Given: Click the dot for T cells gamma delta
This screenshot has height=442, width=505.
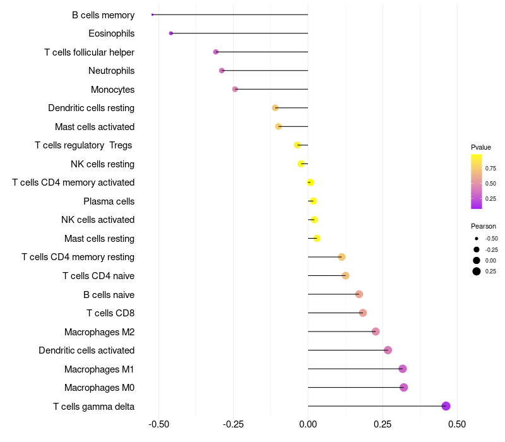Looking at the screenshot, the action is (x=446, y=406).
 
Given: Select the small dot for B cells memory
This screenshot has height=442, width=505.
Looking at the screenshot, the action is (x=152, y=15).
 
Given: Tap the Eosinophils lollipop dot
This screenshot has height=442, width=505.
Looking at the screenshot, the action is (x=171, y=33).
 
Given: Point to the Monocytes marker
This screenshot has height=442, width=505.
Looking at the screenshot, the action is (x=235, y=89).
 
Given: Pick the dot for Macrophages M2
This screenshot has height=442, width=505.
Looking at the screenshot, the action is (x=376, y=331).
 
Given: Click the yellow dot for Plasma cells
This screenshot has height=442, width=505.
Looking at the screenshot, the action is (x=313, y=201).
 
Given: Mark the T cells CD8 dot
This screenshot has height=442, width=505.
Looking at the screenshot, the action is (x=363, y=313).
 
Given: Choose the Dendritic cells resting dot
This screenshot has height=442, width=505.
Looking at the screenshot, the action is (x=275, y=107).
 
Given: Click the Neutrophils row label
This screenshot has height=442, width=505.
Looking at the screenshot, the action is (x=112, y=71).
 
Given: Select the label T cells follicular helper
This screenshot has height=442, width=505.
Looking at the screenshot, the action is (x=89, y=52).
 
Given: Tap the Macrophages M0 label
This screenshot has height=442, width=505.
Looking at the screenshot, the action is (x=100, y=388).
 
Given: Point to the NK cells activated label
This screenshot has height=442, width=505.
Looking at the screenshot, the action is (x=98, y=220).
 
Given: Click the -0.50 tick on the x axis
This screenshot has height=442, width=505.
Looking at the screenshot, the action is (x=159, y=424).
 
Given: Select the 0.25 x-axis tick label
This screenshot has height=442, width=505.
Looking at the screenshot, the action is (x=383, y=424).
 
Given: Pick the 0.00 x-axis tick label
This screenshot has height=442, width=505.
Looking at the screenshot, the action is (x=308, y=424).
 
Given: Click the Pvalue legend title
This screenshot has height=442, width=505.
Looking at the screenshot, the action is (x=481, y=147).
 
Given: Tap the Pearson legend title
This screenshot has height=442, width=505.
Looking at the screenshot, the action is (x=484, y=226).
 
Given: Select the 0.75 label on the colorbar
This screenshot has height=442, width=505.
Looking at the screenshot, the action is (x=490, y=169).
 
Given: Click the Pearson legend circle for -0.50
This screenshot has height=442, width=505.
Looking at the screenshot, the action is (x=477, y=239).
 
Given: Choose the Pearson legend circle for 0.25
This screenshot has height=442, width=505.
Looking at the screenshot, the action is (x=477, y=272).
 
